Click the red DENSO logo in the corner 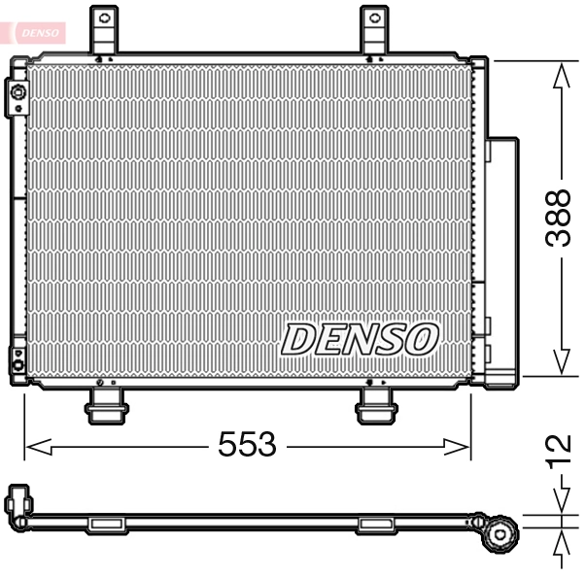coord(36,32)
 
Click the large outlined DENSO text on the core coord(360,340)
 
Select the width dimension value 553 coord(246,446)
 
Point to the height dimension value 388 coord(557,218)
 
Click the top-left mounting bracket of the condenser coord(104,30)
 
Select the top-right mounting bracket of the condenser coord(375,30)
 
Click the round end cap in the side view coord(500,532)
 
